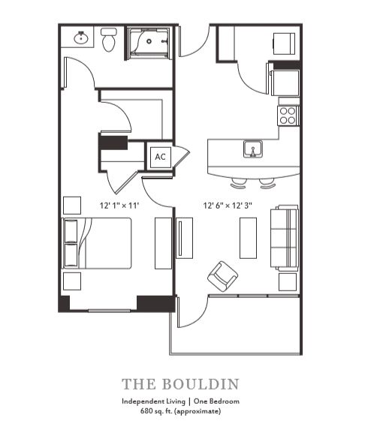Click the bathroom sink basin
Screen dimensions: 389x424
point(80,38)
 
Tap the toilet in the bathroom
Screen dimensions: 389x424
point(109,40)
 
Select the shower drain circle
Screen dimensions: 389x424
point(149,41)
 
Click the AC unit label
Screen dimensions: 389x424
point(160,157)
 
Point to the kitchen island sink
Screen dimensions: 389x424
point(252,149)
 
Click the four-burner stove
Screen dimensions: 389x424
point(288,116)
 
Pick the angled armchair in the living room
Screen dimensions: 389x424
point(222,276)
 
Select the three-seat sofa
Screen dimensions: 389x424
point(285,238)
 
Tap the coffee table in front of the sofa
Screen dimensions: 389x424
point(248,238)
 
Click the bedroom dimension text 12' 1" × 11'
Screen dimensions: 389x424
point(119,206)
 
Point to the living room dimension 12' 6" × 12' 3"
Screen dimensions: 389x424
point(228,206)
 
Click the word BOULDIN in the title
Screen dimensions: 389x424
point(201,384)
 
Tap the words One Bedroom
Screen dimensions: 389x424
point(216,401)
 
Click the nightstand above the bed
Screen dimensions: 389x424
point(72,206)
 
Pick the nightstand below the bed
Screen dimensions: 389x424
point(72,281)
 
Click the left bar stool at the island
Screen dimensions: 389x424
point(239,184)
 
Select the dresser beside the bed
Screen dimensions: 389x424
point(163,243)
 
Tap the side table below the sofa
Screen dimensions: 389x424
point(288,281)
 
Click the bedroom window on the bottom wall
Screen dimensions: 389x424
point(110,311)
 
